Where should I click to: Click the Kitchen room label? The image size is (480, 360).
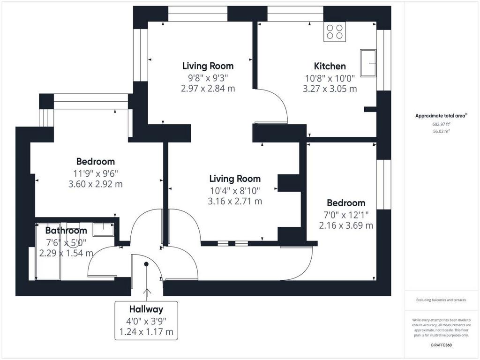[330, 66]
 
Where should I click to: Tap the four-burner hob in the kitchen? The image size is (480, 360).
[335, 31]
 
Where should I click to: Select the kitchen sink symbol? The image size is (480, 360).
[368, 63]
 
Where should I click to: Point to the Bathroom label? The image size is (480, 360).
[66, 231]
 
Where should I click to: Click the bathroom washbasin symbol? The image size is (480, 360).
[104, 230]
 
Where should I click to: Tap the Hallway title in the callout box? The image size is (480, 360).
[146, 309]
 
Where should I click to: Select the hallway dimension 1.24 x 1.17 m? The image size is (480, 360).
[146, 331]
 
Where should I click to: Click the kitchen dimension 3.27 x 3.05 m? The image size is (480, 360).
[330, 89]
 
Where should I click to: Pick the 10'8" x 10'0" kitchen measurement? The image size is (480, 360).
[330, 78]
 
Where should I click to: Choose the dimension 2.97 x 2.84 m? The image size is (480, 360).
[208, 89]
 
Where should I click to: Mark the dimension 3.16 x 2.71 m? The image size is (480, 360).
[235, 202]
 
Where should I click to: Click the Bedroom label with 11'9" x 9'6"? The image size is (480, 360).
[96, 162]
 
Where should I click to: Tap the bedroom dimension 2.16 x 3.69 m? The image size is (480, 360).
[346, 225]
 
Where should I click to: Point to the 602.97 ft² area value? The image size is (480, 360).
[441, 124]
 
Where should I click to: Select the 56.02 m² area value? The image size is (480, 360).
[441, 131]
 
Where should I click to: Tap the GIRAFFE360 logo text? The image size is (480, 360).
[441, 345]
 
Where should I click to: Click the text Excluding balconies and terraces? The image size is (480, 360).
[441, 300]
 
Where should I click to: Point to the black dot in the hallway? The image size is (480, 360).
[146, 264]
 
